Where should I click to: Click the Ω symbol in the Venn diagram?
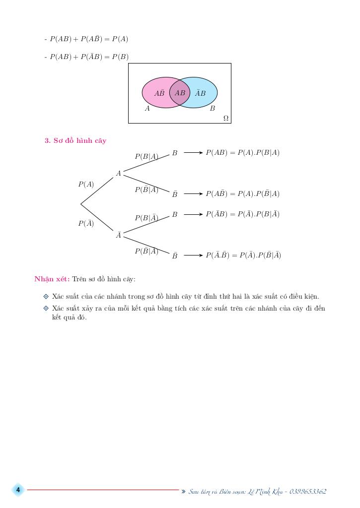[226, 118]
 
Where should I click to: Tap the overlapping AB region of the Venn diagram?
[180, 93]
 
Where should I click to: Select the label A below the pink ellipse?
[147, 109]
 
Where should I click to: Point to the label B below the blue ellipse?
[213, 109]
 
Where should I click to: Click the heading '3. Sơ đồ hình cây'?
[75, 140]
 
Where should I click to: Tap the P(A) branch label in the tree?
[86, 184]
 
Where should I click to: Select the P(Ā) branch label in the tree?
[86, 223]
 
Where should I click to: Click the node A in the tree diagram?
[119, 174]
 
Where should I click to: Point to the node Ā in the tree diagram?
[119, 235]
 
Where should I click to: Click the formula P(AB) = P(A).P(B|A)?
[242, 153]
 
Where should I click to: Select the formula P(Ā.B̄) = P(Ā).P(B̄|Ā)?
[243, 255]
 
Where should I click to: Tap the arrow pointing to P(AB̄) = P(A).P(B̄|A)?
[193, 194]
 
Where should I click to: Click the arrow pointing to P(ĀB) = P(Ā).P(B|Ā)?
[193, 214]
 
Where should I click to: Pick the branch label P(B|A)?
[146, 156]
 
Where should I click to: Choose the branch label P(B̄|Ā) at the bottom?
[146, 251]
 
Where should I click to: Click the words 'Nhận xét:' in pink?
[52, 279]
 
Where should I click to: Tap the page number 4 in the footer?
[18, 490]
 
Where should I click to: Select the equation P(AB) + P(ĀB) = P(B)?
[89, 57]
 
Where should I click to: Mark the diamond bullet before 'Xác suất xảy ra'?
[46, 308]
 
